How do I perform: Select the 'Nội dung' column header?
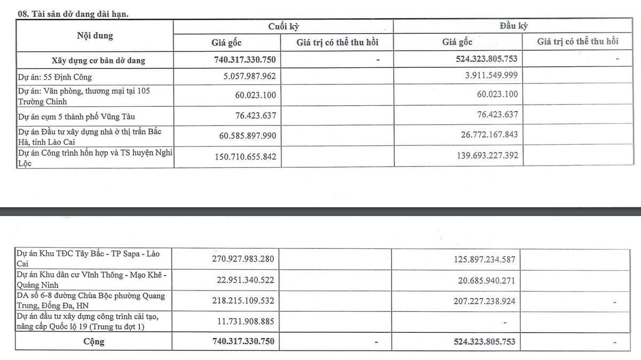click(x=95, y=36)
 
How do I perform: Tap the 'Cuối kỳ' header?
click(x=283, y=26)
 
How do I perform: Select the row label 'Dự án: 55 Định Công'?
click(x=54, y=77)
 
